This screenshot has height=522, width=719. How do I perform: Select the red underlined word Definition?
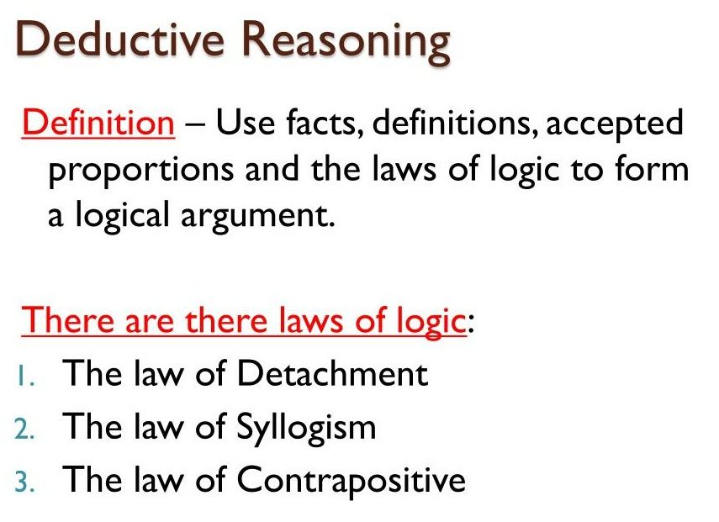98,123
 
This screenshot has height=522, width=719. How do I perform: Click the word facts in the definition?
321,123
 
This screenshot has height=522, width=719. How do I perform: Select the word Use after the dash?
246,123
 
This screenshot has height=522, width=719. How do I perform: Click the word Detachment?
332,373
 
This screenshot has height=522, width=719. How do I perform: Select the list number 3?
24,482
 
